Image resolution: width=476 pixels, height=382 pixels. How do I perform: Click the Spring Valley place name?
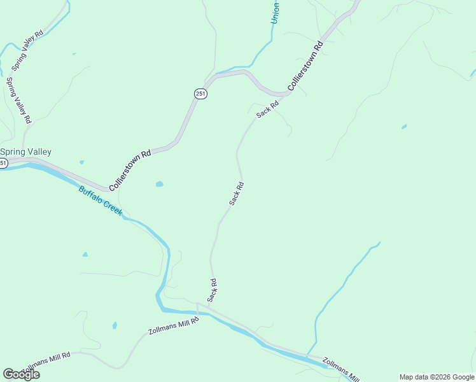[26, 152]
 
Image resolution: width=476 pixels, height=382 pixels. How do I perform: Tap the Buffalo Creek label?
[100, 201]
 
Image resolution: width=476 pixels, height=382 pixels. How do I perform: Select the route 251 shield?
[200, 94]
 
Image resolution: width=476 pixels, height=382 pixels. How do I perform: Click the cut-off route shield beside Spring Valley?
[3, 164]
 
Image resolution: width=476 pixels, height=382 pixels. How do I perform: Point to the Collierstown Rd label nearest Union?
[306, 66]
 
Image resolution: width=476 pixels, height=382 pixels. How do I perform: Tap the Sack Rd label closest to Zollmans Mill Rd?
[213, 290]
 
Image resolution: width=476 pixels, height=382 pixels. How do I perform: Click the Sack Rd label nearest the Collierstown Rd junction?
[267, 110]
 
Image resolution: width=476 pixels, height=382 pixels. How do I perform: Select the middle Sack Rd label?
[237, 194]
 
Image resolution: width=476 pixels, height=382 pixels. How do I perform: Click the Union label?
[275, 13]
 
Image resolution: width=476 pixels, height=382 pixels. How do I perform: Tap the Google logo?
[21, 374]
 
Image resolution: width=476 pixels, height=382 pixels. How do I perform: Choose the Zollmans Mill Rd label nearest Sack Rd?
[173, 326]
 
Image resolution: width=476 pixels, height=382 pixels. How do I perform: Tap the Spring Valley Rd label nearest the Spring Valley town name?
[18, 100]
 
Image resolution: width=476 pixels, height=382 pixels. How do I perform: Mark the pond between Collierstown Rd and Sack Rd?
[159, 185]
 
